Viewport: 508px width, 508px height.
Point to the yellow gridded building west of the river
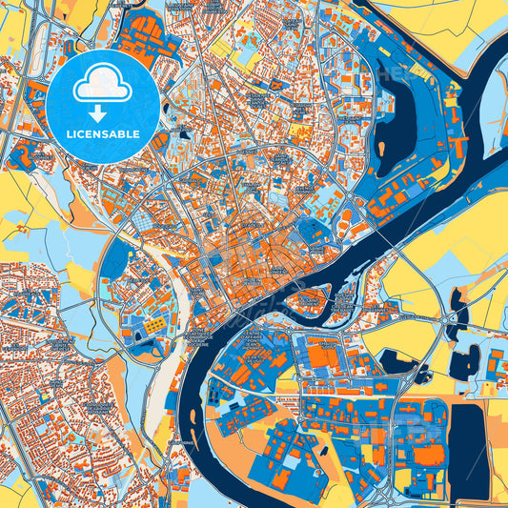click(152, 327)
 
